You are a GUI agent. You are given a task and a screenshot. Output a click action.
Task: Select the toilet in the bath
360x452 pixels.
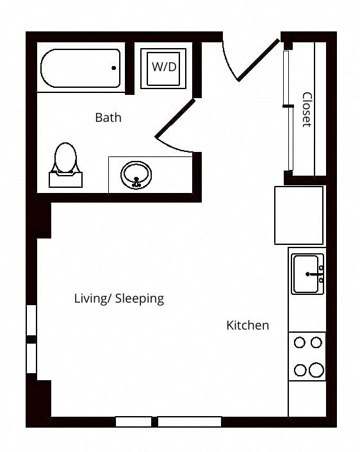click(65, 160)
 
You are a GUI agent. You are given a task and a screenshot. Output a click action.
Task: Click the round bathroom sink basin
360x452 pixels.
click(136, 173)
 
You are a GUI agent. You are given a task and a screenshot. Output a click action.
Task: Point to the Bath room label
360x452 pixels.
click(108, 118)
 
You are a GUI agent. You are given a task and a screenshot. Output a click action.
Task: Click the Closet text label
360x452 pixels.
click(307, 110)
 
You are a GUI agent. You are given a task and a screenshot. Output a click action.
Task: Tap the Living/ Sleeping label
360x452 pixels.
click(119, 299)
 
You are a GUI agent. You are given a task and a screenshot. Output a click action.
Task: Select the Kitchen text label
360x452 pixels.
click(247, 326)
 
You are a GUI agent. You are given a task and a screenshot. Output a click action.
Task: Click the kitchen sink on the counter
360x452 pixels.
click(307, 274)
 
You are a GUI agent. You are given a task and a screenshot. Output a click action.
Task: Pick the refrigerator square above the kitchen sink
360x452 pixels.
click(299, 215)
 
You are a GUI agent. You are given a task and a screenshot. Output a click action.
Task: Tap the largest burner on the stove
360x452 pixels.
click(316, 370)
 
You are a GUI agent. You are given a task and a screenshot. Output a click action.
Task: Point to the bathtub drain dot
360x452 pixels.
click(114, 68)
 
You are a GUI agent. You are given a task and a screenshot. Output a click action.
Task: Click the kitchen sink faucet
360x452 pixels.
click(316, 274)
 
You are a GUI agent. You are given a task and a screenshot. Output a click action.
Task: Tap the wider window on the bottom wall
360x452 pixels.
click(190, 421)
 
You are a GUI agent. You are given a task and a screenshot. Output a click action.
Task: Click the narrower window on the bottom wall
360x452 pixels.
click(133, 421)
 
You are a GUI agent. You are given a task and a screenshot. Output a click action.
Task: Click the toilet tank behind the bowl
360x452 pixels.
click(66, 179)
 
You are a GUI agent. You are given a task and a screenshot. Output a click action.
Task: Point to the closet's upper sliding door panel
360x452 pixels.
click(286, 77)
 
